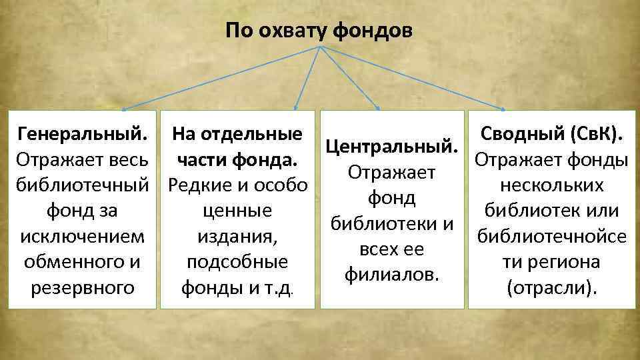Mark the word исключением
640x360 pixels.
tap(82, 237)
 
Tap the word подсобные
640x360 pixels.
tap(238, 262)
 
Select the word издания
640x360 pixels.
tap(237, 237)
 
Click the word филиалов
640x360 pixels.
tap(392, 274)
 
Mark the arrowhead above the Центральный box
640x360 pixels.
tap(379, 107)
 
